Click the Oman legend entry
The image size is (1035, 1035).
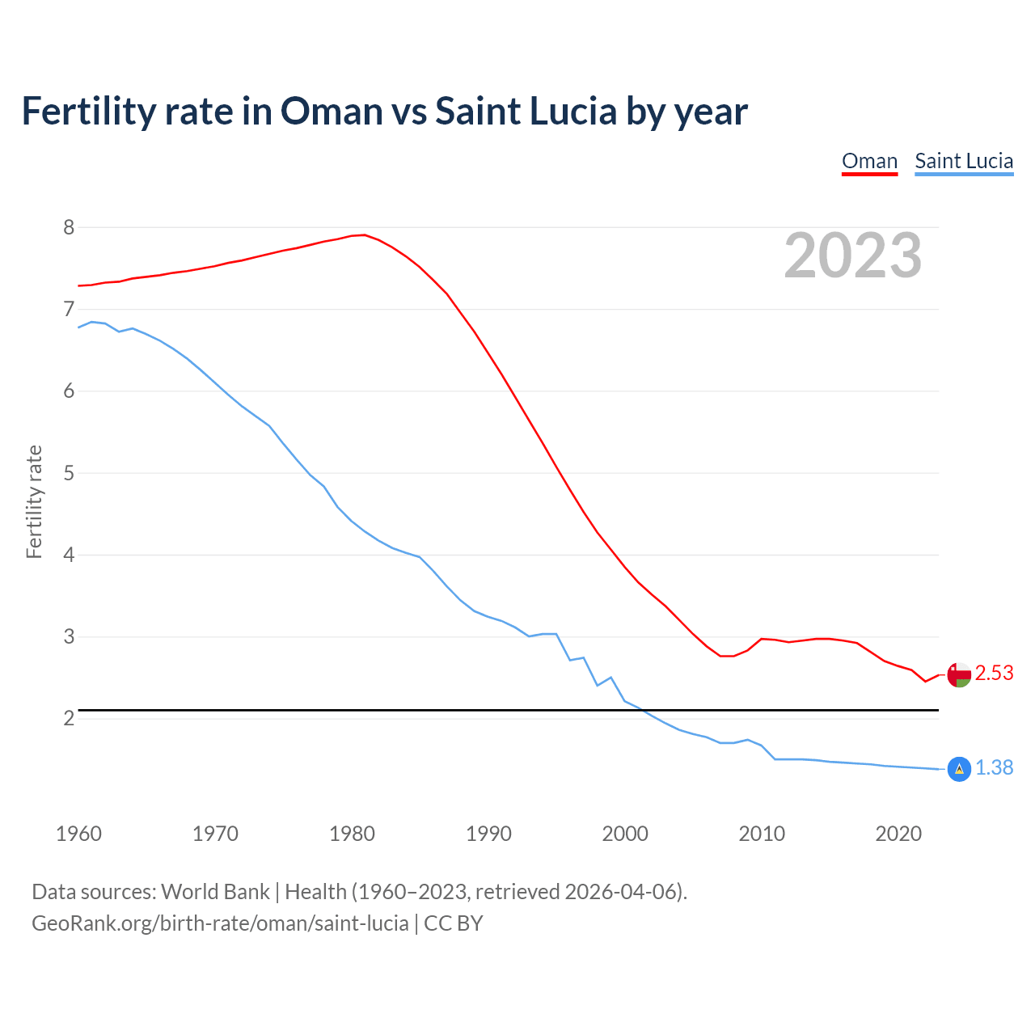pos(869,161)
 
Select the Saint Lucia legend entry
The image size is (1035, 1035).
pos(964,161)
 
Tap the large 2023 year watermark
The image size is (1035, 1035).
pos(853,256)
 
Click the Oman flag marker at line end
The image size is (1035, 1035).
pos(959,674)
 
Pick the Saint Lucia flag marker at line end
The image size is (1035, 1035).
pos(959,769)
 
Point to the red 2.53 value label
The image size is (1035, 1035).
pos(994,674)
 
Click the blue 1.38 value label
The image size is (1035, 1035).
pos(994,768)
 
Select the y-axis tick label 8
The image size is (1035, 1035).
pos(69,227)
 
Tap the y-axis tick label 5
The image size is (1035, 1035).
pos(69,473)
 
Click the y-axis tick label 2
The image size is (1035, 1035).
pos(69,718)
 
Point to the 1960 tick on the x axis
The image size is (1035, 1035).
pos(78,834)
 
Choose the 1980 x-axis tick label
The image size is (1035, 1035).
pos(352,834)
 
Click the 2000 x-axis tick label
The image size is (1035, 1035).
pos(625,834)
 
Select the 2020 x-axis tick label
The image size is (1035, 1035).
pos(898,834)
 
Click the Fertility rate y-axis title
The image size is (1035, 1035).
pos(34,501)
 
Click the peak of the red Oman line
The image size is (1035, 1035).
pos(364,234)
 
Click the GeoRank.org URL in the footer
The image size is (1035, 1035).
pos(220,923)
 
